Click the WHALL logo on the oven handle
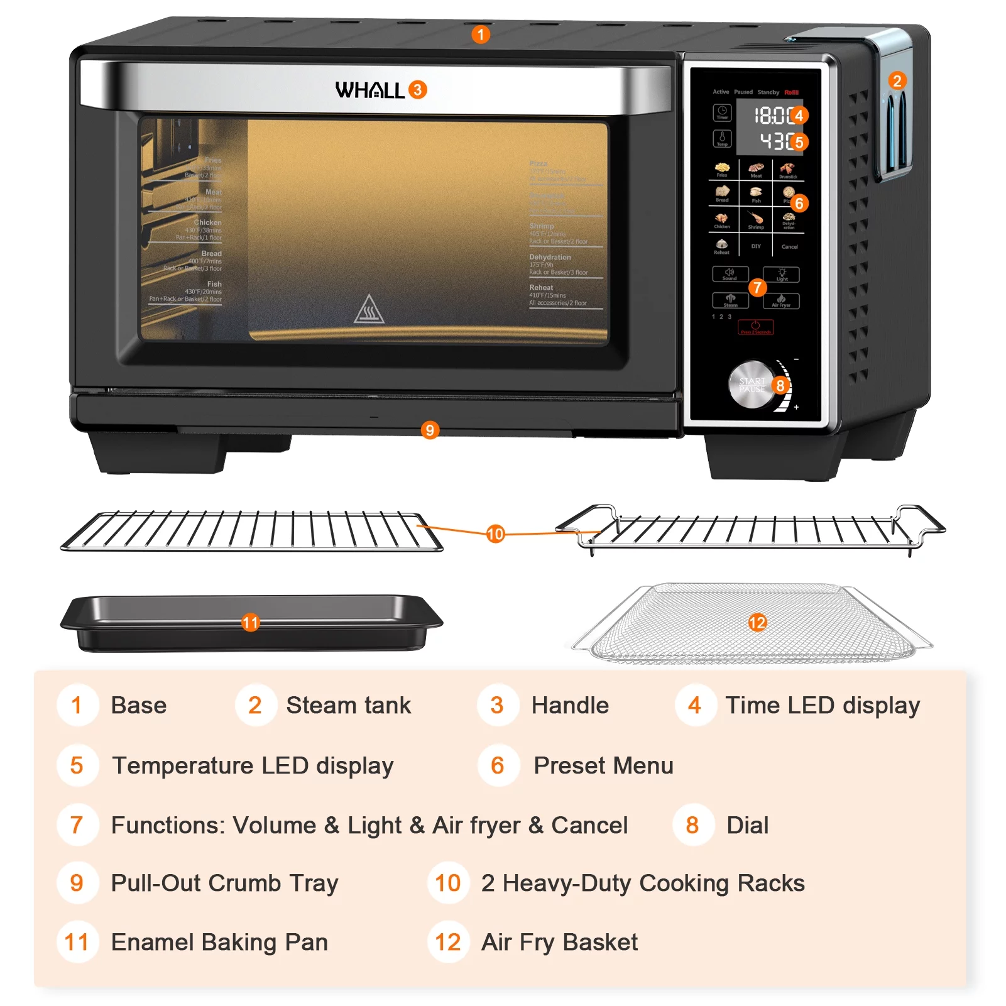[x=369, y=90]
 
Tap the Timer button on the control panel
[x=722, y=112]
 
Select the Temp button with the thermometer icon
[x=722, y=138]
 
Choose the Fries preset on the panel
[x=722, y=169]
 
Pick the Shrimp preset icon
[x=756, y=220]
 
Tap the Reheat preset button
[x=721, y=246]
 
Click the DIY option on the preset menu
[x=756, y=246]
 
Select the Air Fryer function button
[x=781, y=300]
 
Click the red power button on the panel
[x=755, y=327]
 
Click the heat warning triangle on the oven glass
[x=369, y=309]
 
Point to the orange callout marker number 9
[x=430, y=430]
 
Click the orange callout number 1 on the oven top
[x=481, y=35]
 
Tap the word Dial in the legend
[x=747, y=825]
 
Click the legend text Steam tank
[x=348, y=705]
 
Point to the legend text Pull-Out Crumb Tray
[x=224, y=883]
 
